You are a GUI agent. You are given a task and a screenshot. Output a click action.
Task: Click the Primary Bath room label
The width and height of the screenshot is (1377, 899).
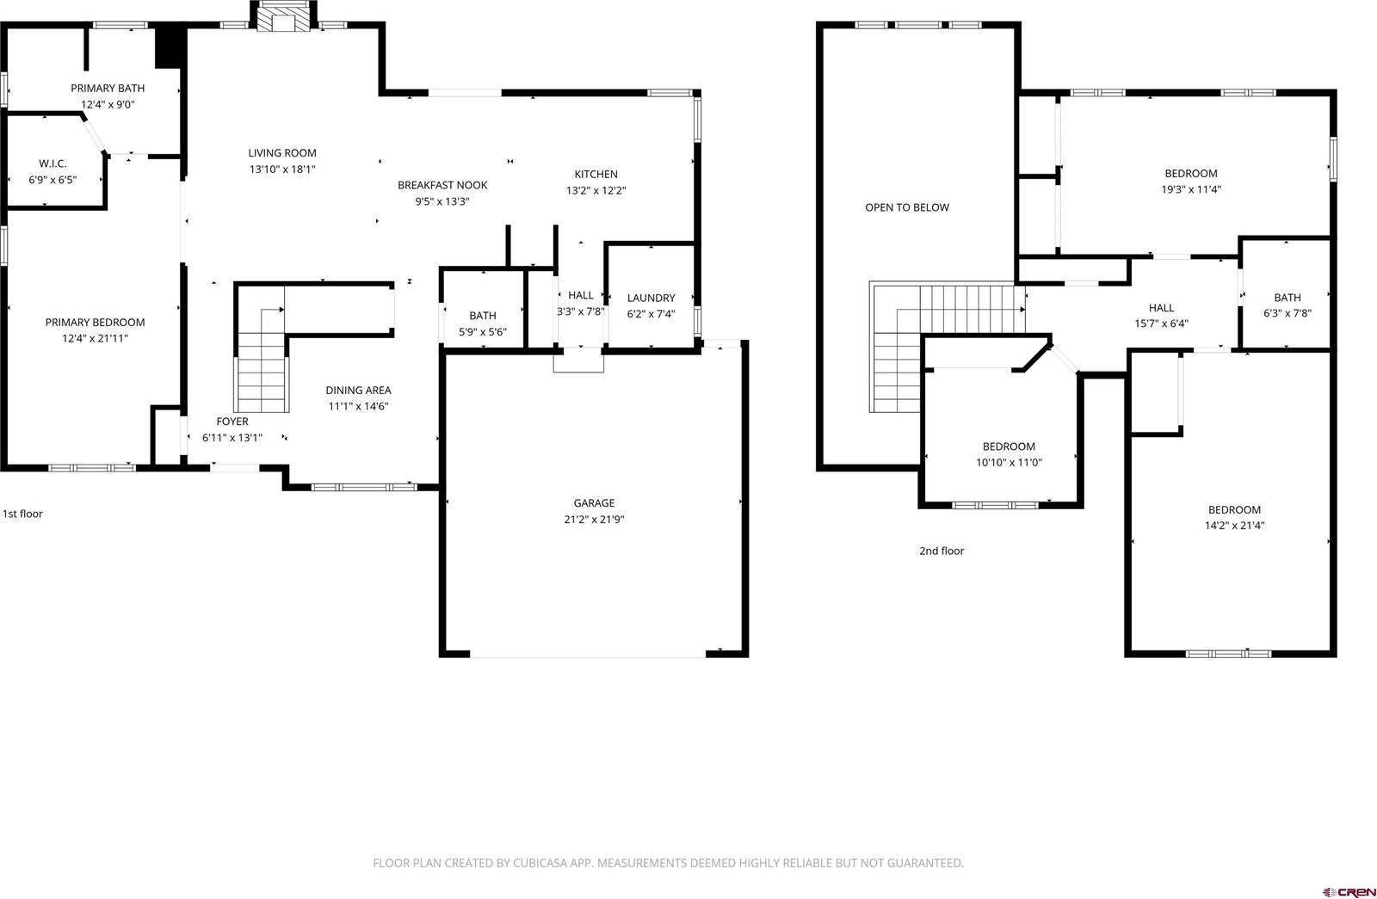click(x=108, y=88)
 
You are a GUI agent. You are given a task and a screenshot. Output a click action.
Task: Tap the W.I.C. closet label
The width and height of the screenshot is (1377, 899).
click(x=52, y=163)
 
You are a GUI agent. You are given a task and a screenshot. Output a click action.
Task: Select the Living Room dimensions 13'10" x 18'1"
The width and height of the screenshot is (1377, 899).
click(x=282, y=169)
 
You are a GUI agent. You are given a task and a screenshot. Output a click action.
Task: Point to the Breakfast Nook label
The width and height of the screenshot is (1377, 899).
click(x=442, y=185)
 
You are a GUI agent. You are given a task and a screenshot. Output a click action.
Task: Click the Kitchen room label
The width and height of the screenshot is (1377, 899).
click(x=596, y=174)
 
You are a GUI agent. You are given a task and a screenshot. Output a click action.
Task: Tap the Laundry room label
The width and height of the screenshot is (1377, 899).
click(x=651, y=298)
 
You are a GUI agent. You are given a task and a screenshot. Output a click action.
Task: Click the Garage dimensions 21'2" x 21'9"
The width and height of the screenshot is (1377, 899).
click(x=594, y=520)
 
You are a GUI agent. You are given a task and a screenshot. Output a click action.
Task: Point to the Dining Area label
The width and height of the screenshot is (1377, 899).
click(x=358, y=390)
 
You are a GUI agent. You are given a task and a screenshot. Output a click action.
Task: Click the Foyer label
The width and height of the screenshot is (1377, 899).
click(x=232, y=422)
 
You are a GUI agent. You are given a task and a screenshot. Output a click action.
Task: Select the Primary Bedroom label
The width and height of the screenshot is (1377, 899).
click(x=95, y=323)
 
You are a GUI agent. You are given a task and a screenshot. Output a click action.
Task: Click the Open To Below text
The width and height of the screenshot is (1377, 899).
click(x=907, y=207)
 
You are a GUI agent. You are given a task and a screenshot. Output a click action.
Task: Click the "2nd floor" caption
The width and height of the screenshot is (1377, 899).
click(x=942, y=551)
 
